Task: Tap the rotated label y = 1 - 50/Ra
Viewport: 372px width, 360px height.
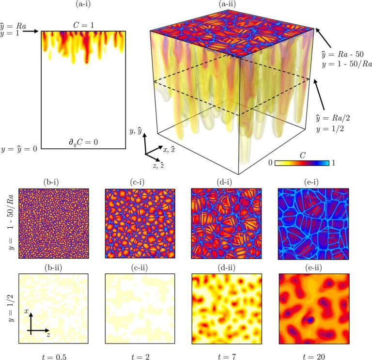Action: tap(10, 224)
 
